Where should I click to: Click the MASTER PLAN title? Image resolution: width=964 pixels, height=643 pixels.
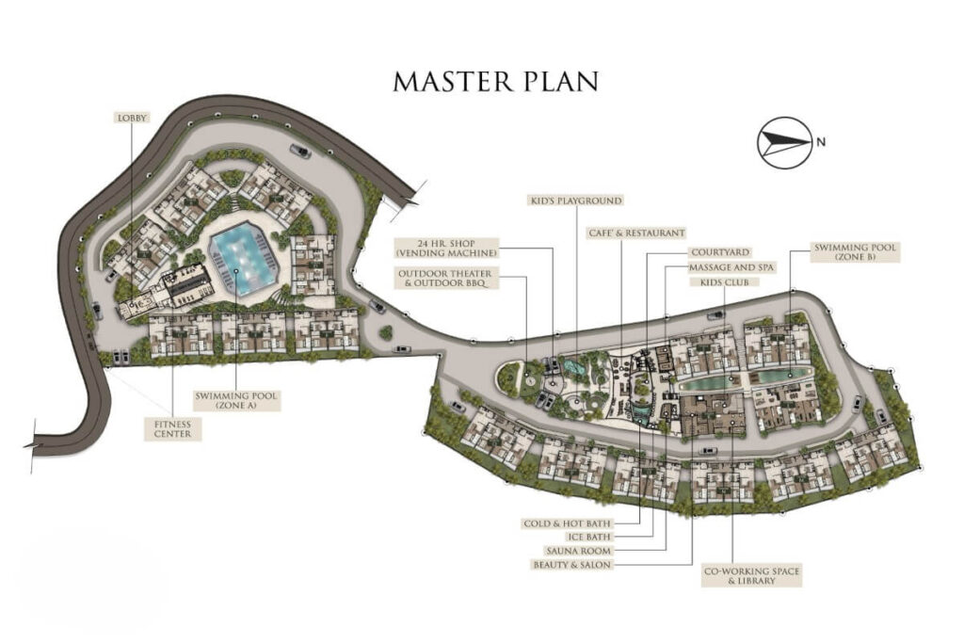coord(495,81)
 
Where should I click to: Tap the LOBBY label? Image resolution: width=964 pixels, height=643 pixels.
coord(133,118)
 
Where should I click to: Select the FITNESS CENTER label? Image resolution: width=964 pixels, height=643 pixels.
coord(172,428)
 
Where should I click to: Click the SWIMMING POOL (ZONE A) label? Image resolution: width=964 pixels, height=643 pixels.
coord(236,401)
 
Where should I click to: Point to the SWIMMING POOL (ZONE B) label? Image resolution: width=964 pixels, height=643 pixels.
coord(855,252)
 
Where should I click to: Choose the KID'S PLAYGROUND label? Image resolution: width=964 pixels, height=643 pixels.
coord(576,201)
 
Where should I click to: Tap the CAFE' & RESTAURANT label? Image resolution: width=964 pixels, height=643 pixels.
coord(636,233)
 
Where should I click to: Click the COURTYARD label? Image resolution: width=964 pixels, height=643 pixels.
coord(720,252)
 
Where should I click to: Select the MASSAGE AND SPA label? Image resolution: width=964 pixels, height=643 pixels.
coord(731,267)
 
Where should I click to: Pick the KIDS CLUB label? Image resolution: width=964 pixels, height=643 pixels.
coord(725,282)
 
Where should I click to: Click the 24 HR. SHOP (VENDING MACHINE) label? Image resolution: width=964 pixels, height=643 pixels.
coord(446,248)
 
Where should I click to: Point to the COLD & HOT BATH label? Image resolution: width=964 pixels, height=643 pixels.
coord(567,523)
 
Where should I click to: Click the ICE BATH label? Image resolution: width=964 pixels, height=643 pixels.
coord(589,538)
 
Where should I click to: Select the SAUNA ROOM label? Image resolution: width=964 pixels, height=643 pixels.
coord(579,551)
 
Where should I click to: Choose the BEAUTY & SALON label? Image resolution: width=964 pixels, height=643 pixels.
coord(571,565)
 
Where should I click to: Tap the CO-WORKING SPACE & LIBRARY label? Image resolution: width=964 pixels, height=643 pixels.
coord(751,576)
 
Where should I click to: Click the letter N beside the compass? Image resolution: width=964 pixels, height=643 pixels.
coord(821,142)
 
